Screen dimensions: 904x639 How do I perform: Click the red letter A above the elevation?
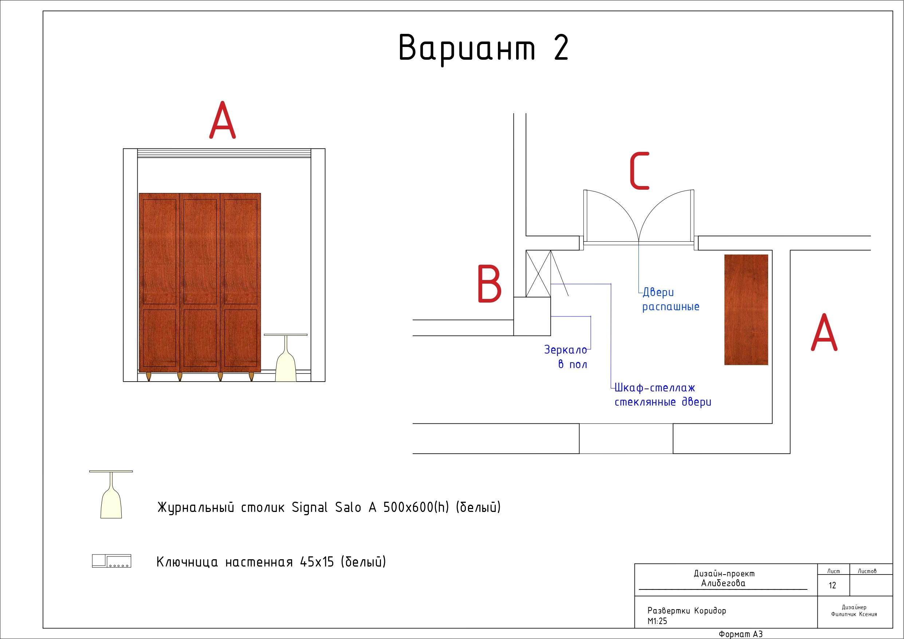pos(223,120)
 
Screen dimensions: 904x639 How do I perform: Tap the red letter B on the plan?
pos(490,284)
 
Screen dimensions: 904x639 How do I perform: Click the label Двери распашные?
pos(671,300)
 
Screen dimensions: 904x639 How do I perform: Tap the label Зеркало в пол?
pos(566,357)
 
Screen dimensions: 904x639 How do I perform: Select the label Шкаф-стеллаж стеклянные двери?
pos(663,395)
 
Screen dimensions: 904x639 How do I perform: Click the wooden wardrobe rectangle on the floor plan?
pos(746,310)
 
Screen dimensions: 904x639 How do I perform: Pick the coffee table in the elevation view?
pos(286,358)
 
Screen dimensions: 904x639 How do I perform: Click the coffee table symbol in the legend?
pos(111,494)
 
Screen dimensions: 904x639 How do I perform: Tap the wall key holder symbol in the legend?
pos(111,561)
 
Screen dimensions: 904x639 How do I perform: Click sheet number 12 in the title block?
pos(832,585)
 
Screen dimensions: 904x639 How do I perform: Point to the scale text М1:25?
pos(657,621)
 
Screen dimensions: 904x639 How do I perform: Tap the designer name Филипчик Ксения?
pos(854,614)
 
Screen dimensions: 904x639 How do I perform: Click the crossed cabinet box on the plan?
pos(538,274)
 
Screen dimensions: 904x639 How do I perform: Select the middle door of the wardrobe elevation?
pos(200,283)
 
